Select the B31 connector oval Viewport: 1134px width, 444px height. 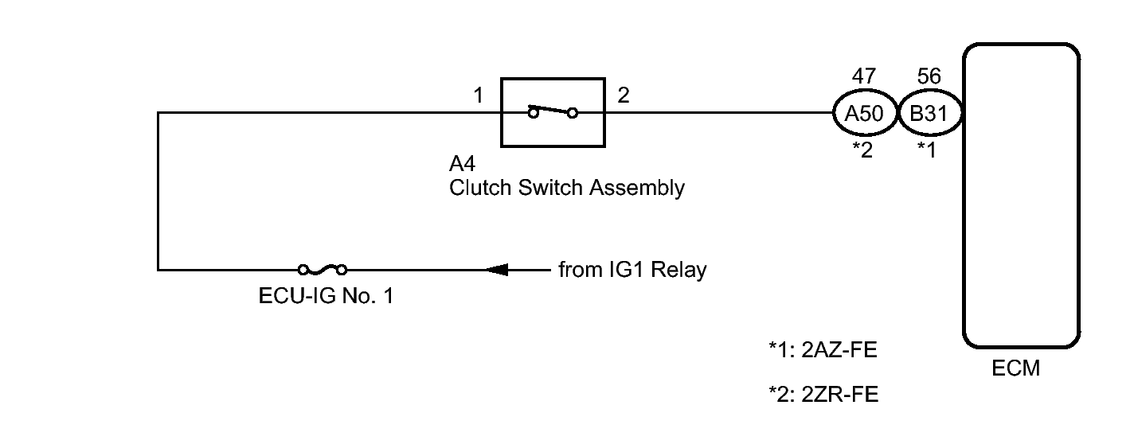tap(929, 113)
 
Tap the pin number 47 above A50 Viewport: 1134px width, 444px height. tap(864, 76)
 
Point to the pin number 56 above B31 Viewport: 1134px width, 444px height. tap(929, 76)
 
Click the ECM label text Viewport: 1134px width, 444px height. tap(1018, 369)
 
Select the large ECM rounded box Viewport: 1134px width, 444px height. tap(1022, 195)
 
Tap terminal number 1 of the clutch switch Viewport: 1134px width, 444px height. tap(478, 96)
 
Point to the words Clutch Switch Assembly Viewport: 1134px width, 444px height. tap(566, 189)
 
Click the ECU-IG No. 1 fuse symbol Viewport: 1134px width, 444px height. tap(323, 270)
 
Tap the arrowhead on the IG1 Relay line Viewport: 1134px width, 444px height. tap(495, 270)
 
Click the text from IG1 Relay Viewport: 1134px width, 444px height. tap(632, 270)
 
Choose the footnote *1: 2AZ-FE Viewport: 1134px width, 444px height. tap(823, 349)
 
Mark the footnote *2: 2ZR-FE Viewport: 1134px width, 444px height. tap(823, 394)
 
